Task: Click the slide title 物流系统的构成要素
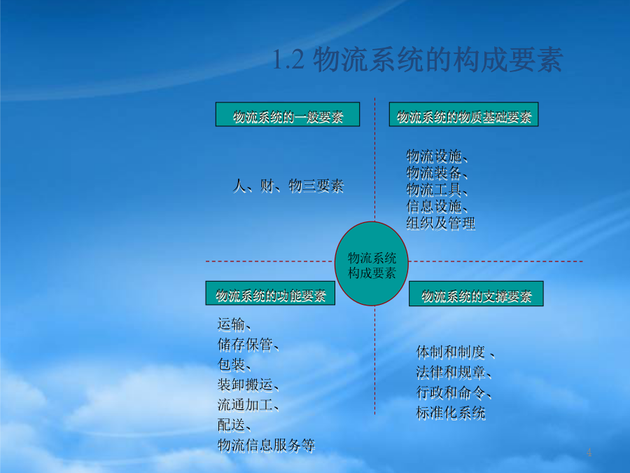pos(417,60)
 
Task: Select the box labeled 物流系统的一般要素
pos(288,115)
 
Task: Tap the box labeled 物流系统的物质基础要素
pos(463,115)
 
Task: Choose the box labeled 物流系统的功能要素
pos(270,293)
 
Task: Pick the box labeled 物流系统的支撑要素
pos(476,294)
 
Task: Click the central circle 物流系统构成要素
pos(372,264)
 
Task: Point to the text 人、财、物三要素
pos(288,186)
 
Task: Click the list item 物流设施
pos(434,156)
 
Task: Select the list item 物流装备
pos(434,172)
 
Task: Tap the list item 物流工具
pos(434,189)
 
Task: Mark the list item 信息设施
pos(434,206)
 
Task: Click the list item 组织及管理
pos(441,224)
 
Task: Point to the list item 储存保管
pos(246,345)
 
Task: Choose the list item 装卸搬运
pos(246,385)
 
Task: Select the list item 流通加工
pos(246,405)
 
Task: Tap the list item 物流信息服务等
pos(267,445)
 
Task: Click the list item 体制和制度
pos(451,352)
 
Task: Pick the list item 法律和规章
pos(451,373)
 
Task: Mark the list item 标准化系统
pos(451,413)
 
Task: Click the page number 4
pos(589,452)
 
